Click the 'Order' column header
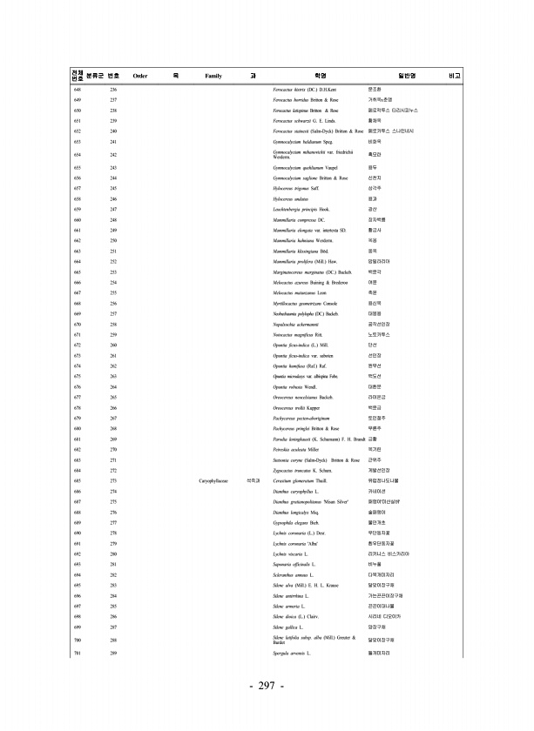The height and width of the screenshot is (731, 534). coord(139,77)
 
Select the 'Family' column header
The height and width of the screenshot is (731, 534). coord(213,77)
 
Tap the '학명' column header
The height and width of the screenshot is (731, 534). coord(319,77)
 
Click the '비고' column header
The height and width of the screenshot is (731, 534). coord(455,77)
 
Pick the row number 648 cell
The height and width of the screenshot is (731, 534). coord(78,91)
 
